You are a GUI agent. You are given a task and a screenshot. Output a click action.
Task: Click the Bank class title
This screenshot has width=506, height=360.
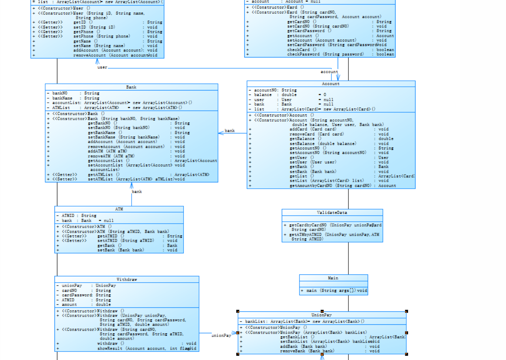(x=131, y=87)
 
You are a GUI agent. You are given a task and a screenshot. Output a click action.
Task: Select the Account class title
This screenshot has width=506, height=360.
(x=330, y=84)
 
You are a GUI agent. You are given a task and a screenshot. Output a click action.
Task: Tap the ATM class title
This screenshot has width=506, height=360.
(x=119, y=209)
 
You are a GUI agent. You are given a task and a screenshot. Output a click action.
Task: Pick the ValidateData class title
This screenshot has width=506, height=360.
(x=332, y=212)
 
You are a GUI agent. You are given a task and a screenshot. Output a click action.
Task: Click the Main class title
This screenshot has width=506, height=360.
(x=333, y=278)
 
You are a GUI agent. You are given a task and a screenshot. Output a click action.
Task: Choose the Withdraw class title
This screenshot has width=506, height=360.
(x=127, y=279)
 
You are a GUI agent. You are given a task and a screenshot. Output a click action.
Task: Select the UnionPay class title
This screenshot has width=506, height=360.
(x=321, y=315)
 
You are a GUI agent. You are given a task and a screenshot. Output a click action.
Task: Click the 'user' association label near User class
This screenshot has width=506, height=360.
(x=102, y=67)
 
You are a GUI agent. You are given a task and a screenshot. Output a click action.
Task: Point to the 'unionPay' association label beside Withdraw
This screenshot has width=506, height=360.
(x=221, y=335)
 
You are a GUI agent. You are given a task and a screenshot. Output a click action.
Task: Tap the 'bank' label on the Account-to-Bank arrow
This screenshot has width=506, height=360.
(x=229, y=131)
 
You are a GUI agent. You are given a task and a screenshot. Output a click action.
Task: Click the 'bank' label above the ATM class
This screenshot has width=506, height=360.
(x=137, y=192)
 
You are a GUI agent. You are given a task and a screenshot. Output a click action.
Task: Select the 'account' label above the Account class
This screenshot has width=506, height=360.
(x=329, y=72)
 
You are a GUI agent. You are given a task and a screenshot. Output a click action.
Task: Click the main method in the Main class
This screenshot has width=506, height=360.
(x=334, y=291)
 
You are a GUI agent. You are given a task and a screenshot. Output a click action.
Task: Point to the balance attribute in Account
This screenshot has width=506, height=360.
(x=263, y=95)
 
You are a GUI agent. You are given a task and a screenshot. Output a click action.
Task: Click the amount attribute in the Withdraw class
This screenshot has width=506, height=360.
(x=70, y=304)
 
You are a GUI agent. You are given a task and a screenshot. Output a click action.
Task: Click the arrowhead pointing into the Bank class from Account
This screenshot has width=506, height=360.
(x=221, y=133)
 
